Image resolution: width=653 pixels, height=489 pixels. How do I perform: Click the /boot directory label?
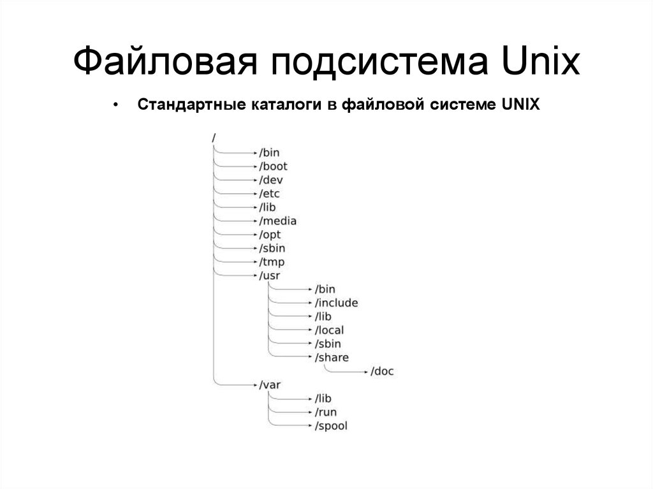[x=273, y=166]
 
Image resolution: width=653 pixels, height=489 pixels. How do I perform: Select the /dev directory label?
[x=270, y=180]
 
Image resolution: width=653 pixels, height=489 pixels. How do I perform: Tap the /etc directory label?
[x=269, y=193]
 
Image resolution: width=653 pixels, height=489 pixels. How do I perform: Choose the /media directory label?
[x=277, y=221]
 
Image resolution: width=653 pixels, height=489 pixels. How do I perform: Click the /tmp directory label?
[x=271, y=262]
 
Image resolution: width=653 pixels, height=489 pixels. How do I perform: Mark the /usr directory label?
[x=269, y=275]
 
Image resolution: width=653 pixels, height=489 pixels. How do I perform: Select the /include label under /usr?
[x=336, y=303]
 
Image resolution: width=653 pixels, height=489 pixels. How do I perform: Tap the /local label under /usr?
[x=329, y=330]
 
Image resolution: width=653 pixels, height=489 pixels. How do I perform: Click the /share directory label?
[x=332, y=357]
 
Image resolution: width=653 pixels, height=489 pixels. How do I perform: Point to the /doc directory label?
[x=382, y=371]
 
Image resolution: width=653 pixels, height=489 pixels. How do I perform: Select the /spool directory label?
[x=331, y=426]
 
